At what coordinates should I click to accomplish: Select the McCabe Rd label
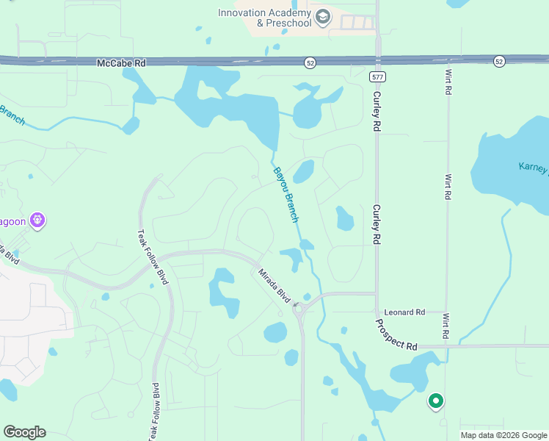click(x=121, y=64)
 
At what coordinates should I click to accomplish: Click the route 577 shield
click(x=377, y=76)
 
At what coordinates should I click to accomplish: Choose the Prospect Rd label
click(x=396, y=334)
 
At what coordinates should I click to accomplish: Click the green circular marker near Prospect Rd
click(x=435, y=401)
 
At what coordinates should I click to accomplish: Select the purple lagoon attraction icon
click(x=38, y=220)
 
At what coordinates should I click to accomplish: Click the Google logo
click(x=24, y=432)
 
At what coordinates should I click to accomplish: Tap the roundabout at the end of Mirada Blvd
click(x=299, y=309)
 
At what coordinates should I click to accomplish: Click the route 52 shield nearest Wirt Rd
click(x=499, y=61)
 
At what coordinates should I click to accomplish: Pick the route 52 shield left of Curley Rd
click(x=310, y=64)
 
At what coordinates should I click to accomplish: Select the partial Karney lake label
click(x=534, y=168)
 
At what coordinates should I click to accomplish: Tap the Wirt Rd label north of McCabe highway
click(x=448, y=82)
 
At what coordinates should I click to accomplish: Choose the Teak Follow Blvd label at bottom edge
click(x=154, y=412)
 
